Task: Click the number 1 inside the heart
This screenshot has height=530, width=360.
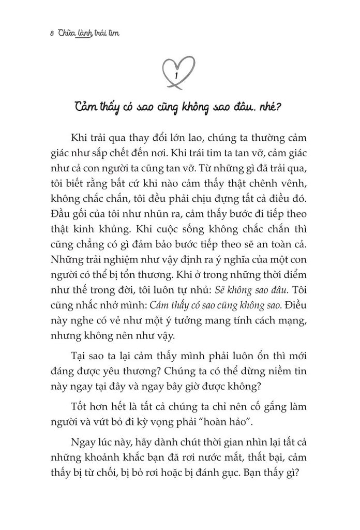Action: pyautogui.click(x=177, y=76)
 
